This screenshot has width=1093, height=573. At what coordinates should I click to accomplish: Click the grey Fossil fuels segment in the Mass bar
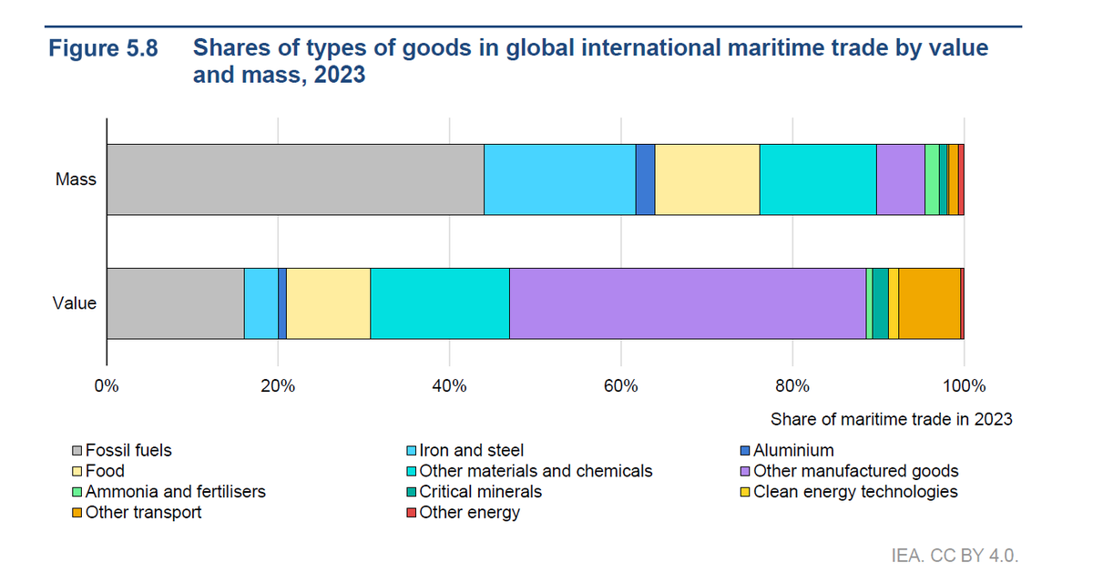(295, 179)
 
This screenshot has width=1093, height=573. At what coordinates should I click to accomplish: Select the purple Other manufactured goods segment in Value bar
(687, 303)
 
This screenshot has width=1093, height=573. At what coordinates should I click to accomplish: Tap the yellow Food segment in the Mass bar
(707, 179)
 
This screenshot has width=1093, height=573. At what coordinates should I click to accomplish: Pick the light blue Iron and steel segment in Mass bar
(559, 179)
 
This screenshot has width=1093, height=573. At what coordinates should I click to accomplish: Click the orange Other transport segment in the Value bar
(929, 303)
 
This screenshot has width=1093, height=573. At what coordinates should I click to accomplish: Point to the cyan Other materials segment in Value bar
(440, 303)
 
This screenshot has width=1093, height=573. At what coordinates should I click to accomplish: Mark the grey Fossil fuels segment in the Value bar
(175, 303)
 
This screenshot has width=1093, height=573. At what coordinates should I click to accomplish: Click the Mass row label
(76, 179)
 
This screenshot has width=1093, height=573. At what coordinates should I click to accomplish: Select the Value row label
(75, 303)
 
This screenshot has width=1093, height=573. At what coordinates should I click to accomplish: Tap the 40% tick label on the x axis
(449, 385)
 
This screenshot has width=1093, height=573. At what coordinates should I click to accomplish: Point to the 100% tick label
(964, 385)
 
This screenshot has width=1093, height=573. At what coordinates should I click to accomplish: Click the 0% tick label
(107, 385)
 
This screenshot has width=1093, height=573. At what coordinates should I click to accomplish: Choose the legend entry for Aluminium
(792, 450)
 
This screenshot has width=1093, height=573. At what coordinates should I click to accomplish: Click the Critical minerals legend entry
(480, 492)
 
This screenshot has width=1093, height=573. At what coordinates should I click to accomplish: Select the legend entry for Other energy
(469, 513)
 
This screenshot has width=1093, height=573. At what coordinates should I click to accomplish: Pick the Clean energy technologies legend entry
(855, 492)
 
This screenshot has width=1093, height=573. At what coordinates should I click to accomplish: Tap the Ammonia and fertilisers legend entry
(175, 492)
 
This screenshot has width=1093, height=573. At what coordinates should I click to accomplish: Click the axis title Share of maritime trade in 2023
(891, 420)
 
